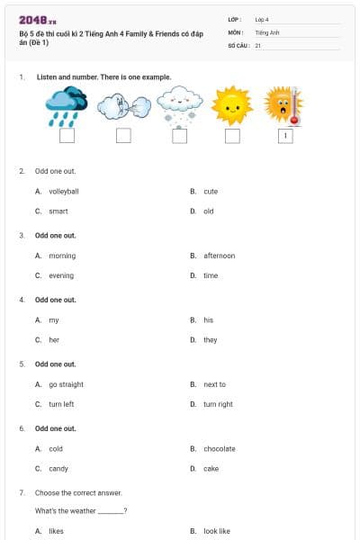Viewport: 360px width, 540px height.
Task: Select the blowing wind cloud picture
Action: (121, 107)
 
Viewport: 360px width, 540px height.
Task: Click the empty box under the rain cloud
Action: (67, 136)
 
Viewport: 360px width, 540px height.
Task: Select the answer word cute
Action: (211, 192)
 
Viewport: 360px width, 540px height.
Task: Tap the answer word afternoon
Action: (219, 256)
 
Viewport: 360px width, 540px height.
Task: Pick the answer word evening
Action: (61, 275)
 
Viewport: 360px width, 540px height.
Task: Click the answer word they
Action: (210, 340)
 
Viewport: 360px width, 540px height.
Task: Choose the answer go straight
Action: (66, 384)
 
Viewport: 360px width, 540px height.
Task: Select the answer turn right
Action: (218, 404)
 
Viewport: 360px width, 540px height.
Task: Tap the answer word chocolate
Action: (219, 448)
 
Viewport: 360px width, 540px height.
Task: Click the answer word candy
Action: (58, 468)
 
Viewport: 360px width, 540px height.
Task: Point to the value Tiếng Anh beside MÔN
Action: (267, 31)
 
